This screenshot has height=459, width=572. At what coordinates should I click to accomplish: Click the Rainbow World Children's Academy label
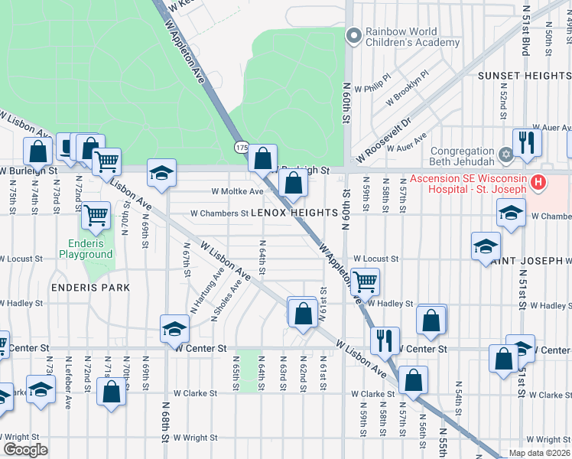412,37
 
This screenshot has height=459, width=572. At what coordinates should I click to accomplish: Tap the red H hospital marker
538,184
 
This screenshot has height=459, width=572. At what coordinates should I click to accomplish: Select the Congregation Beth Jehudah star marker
505,156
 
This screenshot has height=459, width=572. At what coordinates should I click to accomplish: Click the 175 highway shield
242,146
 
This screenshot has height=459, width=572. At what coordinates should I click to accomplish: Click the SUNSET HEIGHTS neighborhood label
524,76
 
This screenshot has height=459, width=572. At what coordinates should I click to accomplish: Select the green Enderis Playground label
86,249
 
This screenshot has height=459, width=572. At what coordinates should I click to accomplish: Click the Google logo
25,449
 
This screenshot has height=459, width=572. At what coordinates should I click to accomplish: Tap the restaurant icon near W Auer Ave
527,142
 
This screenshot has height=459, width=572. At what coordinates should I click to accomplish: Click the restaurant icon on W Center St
385,340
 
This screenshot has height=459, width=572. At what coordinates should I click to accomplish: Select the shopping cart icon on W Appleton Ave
365,282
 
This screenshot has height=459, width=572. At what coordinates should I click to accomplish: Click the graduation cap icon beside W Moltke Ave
161,174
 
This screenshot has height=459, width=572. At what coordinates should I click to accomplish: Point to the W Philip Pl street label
377,83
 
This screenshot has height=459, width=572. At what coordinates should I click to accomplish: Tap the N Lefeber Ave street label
69,380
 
